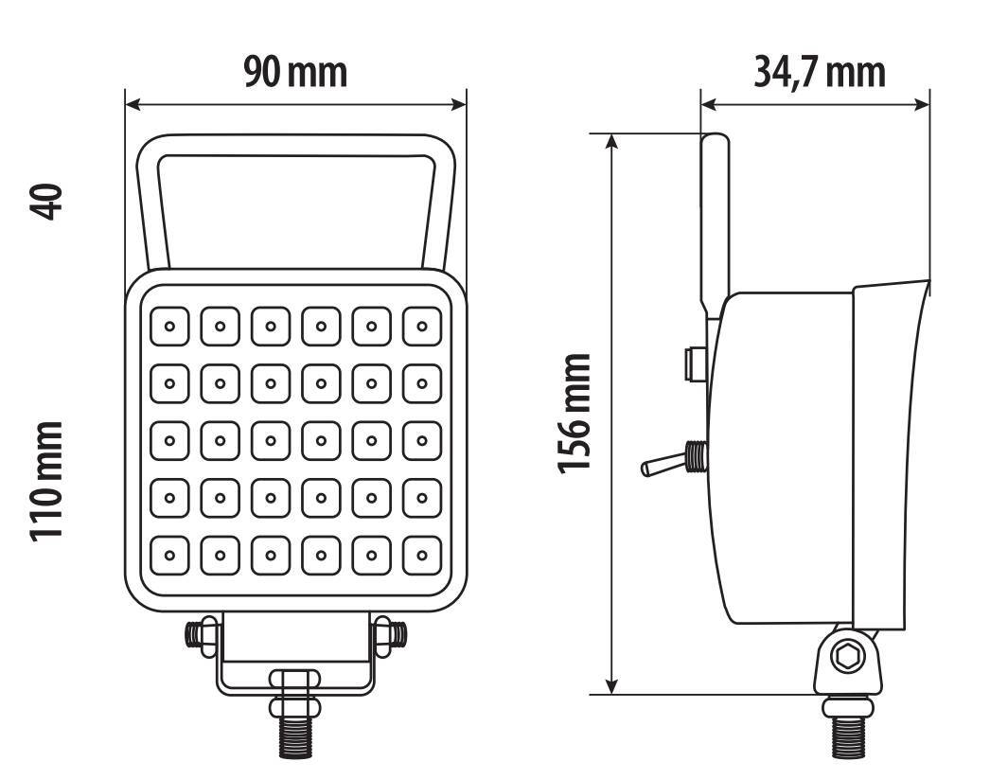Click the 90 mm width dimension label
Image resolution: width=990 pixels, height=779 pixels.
(295, 72)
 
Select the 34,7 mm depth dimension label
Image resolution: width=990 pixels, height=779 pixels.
(819, 72)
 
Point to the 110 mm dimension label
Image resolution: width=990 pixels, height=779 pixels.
(46, 481)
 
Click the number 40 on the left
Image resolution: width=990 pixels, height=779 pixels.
(46, 202)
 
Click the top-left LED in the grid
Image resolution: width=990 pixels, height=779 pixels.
(169, 327)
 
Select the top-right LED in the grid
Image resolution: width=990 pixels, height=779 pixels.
(422, 327)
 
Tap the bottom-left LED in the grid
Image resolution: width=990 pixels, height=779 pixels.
(169, 555)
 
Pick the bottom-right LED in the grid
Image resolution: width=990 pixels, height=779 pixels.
(422, 555)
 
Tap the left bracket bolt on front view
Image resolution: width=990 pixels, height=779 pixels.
(200, 633)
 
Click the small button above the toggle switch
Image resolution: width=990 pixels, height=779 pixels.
(694, 364)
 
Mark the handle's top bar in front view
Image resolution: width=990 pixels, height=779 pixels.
(295, 145)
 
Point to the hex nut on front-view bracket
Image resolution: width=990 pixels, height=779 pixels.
(295, 680)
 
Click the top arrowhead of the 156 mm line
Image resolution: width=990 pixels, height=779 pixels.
(612, 142)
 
